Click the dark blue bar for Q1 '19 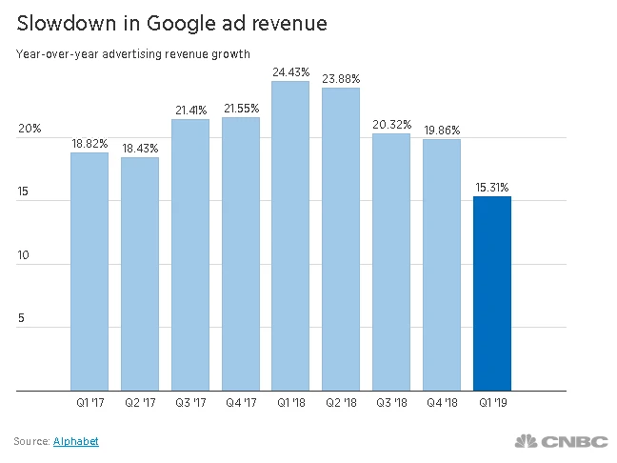click(492, 293)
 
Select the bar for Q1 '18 click(290, 236)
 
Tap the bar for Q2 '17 click(140, 273)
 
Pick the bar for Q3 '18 click(391, 262)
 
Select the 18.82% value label click(90, 144)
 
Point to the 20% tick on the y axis click(30, 129)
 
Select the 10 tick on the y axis click(23, 255)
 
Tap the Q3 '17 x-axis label click(190, 404)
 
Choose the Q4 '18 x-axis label click(442, 404)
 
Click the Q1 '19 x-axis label click(492, 404)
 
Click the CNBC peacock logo click(527, 441)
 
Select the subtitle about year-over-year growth click(132, 54)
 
